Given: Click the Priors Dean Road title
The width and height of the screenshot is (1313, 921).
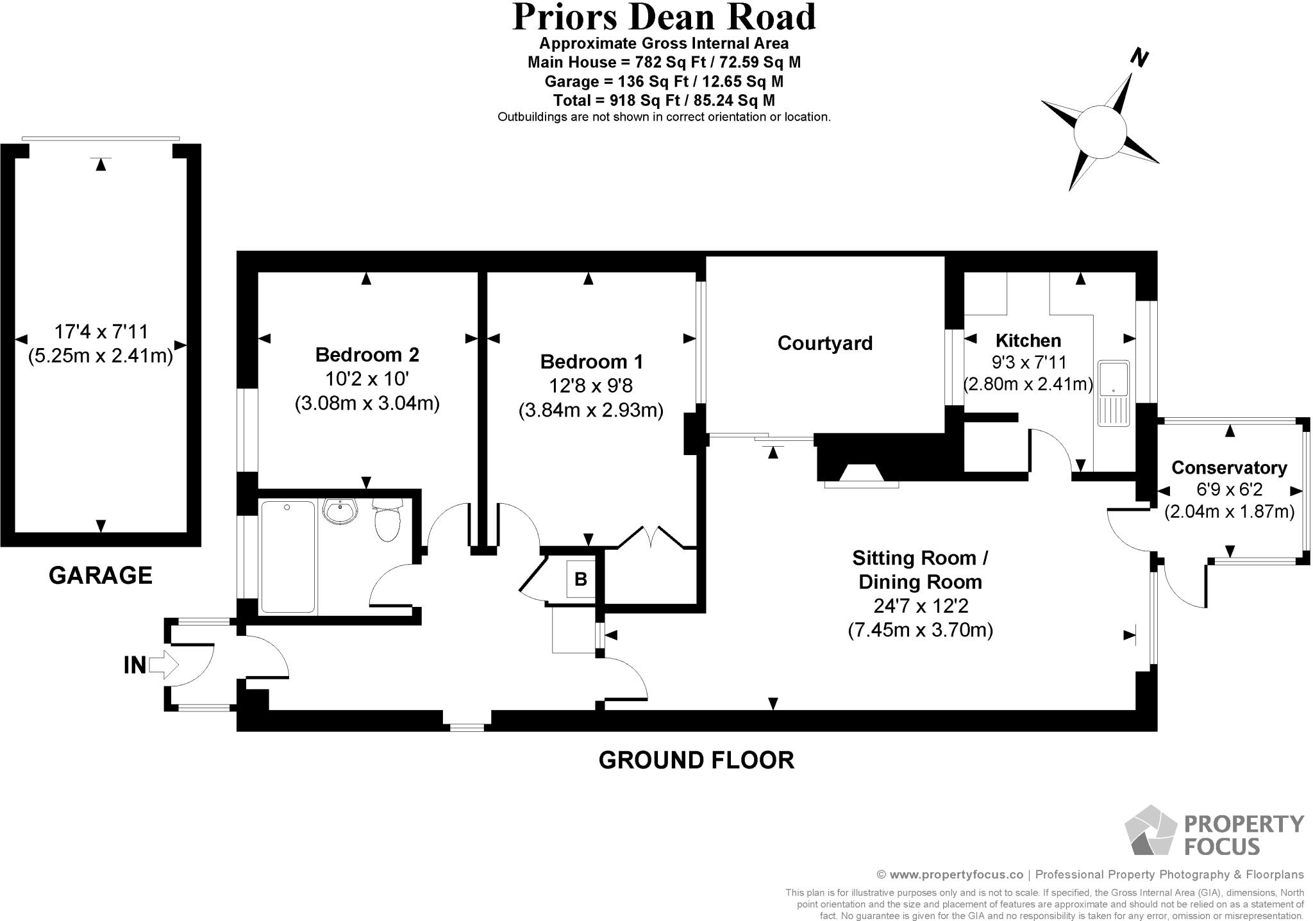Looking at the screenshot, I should [664, 18].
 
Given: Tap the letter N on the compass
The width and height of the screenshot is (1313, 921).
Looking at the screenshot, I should [1138, 59].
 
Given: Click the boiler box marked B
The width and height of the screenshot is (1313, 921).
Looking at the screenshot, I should [581, 579].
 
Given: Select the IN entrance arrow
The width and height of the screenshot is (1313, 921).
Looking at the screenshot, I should [163, 665].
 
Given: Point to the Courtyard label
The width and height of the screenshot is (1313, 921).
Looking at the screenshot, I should [824, 343].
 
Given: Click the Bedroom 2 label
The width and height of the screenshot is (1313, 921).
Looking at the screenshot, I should [367, 354].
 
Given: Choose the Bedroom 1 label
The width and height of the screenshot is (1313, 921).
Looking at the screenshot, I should [591, 361].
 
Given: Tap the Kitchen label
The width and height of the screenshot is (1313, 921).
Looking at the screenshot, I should [1028, 340].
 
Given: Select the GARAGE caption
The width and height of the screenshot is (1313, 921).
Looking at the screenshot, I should [101, 576].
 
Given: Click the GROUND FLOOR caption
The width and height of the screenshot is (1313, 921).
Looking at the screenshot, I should [696, 760].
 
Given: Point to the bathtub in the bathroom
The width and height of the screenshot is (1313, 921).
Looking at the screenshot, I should [288, 556].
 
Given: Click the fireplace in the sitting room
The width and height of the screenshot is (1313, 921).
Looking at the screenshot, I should [861, 474].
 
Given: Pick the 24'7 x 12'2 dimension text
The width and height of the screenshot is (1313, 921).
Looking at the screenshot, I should [920, 606].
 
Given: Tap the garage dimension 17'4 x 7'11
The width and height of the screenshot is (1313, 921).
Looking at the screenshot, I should [101, 331].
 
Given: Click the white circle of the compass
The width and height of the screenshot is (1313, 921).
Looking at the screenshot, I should [1100, 131].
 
